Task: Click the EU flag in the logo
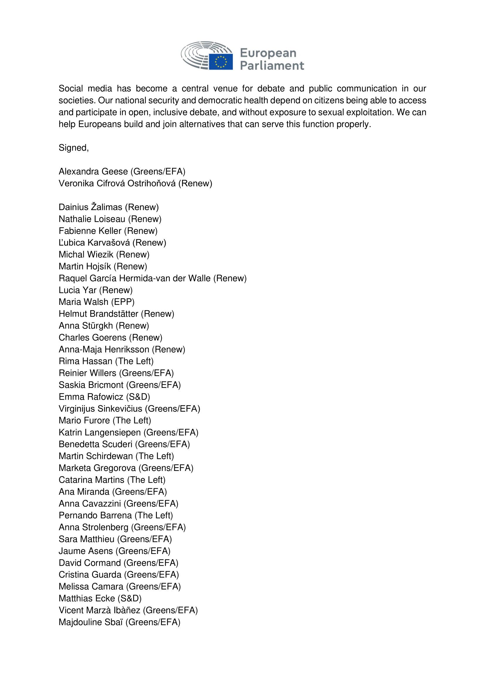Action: tap(221, 62)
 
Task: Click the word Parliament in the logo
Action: tap(272, 66)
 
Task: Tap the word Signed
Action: tap(73, 148)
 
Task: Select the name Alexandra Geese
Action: tap(93, 171)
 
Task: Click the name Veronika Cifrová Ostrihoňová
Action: tap(117, 183)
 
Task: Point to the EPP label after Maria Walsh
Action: tap(123, 302)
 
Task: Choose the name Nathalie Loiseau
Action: tap(92, 219)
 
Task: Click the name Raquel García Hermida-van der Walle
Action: tap(135, 278)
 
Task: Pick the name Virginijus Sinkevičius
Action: tap(100, 409)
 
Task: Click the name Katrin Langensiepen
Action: tap(100, 432)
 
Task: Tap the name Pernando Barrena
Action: tap(95, 516)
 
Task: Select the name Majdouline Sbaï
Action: tap(91, 622)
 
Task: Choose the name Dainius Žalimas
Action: tap(91, 207)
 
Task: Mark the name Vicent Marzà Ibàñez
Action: tap(99, 610)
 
